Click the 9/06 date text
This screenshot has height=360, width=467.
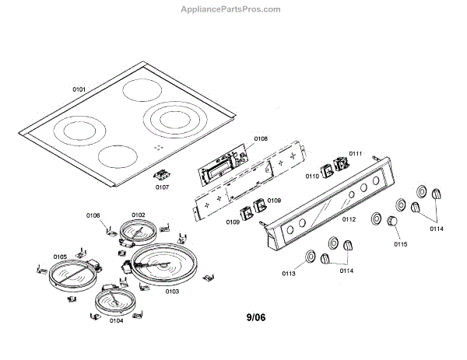click(258, 318)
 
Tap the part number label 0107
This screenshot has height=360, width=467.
click(162, 187)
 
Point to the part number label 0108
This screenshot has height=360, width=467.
click(261, 138)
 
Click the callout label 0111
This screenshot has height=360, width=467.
click(355, 154)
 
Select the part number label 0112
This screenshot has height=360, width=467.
click(348, 220)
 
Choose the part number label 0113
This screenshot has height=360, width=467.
click(289, 274)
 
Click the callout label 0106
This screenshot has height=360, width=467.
click(93, 215)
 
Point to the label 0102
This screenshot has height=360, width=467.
click(138, 215)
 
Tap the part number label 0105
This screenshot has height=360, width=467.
click(60, 257)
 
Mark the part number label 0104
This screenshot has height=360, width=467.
click(116, 320)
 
